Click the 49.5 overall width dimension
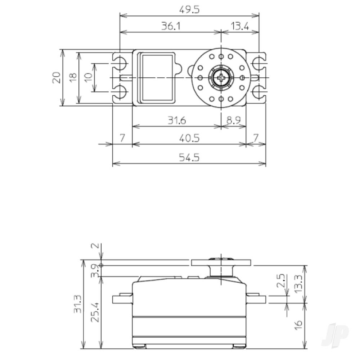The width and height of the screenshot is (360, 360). tap(189, 10)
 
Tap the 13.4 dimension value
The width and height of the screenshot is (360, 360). tap(239, 27)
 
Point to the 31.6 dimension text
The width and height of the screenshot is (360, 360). tap(176, 121)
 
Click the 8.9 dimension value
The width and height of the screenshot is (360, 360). tap(233, 121)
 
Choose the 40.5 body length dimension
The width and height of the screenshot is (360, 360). tap(189, 138)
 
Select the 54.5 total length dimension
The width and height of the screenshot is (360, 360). tap(189, 157)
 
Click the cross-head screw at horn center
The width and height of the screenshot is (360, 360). tap(220, 77)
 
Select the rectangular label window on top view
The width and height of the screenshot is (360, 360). tap(157, 77)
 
